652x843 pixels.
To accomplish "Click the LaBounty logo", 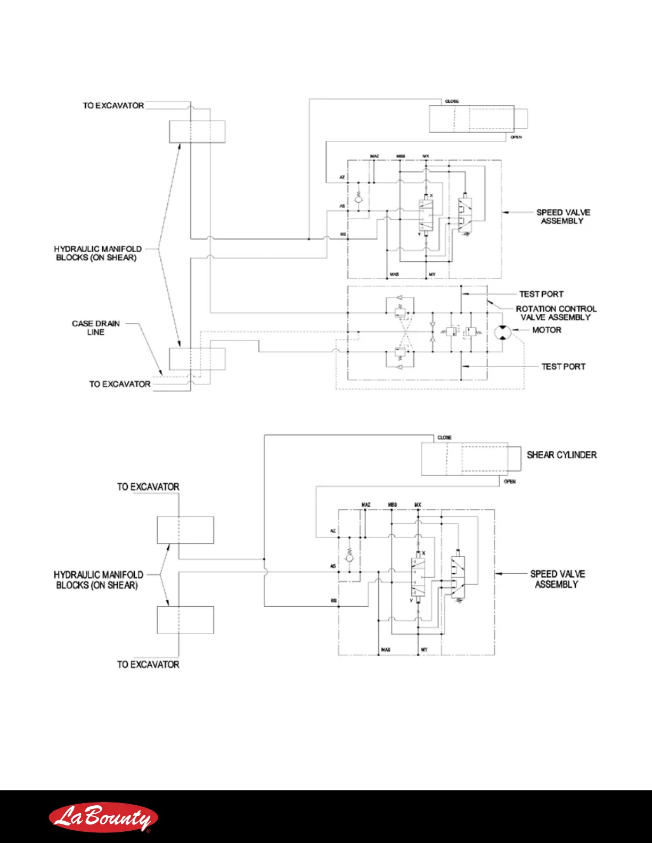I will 103,817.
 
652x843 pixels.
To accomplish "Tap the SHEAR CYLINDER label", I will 561,455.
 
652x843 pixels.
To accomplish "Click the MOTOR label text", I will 547,330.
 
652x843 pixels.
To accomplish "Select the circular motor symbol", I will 502,332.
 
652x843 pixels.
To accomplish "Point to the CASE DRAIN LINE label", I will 96,327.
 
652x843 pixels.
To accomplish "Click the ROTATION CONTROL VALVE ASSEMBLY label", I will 556,313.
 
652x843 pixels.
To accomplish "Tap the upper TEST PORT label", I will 541,294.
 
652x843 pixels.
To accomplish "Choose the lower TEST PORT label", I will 563,367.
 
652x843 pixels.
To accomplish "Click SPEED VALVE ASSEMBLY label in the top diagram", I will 563,217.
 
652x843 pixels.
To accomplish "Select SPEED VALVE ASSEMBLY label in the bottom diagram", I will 557,579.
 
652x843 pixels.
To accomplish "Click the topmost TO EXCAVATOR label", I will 113,105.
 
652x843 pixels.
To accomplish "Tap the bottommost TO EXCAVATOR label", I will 148,664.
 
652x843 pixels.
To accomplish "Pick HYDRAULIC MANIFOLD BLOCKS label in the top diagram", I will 97,253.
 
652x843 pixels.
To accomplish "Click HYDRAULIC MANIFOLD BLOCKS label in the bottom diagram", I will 98,580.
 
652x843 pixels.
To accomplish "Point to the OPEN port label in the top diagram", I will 516,137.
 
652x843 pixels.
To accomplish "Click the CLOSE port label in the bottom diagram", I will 444,437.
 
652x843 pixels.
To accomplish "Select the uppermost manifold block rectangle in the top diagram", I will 197,131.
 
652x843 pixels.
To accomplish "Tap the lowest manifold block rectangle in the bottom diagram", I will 185,619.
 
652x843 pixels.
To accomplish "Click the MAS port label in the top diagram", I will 394,275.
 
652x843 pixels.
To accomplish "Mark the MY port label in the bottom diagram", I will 424,650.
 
